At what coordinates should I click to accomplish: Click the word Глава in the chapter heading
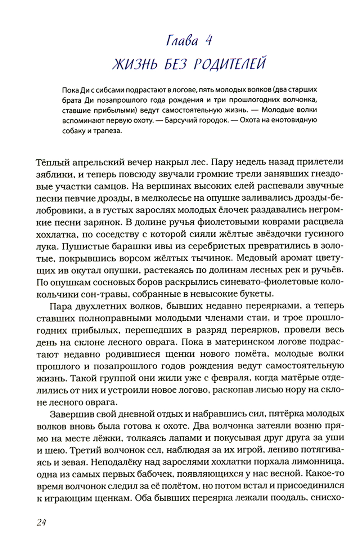tap(182, 41)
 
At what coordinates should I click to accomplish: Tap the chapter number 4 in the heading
tap(208, 41)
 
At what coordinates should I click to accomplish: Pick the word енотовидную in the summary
tap(290, 120)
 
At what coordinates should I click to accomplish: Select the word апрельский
tap(95, 162)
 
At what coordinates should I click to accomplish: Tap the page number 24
tap(41, 522)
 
